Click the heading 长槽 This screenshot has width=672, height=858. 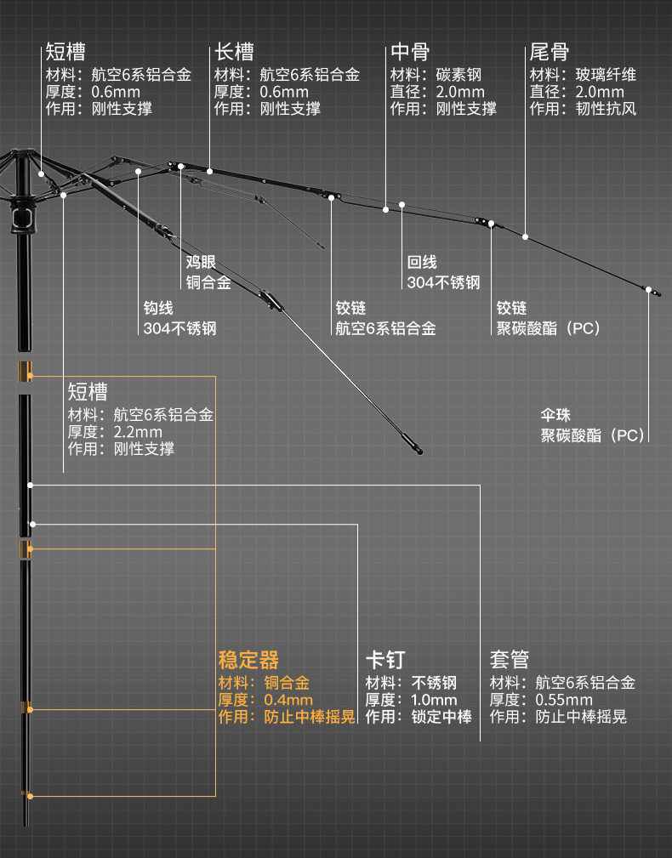click(233, 52)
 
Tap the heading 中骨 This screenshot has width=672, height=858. click(410, 52)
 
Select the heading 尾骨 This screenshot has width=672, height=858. click(549, 52)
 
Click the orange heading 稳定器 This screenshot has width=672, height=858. click(248, 659)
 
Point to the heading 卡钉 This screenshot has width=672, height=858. click(384, 659)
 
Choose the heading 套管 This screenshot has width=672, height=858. click(510, 659)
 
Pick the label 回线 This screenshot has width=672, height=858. click(422, 263)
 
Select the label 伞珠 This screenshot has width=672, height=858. click(556, 416)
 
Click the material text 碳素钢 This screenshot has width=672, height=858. click(458, 75)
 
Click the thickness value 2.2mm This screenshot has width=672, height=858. click(138, 432)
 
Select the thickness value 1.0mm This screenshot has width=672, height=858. click(435, 700)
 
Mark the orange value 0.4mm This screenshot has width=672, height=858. click(288, 700)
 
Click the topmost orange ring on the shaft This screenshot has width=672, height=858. click(25, 371)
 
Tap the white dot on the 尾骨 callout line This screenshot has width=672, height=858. click(527, 236)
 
